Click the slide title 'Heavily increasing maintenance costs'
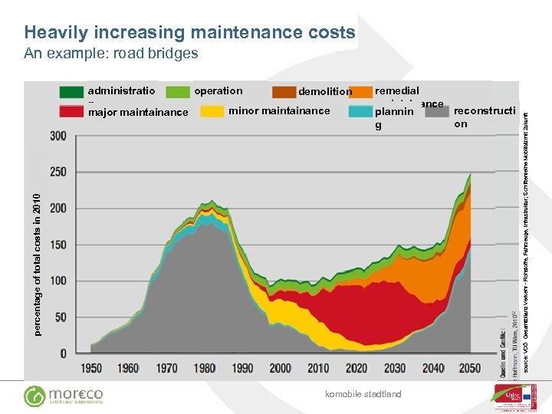pyautogui.click(x=189, y=32)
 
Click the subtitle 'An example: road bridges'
pyautogui.click(x=111, y=54)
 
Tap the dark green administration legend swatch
pyautogui.click(x=72, y=92)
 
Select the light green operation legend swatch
pyautogui.click(x=178, y=92)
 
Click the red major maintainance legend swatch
pyautogui.click(x=72, y=112)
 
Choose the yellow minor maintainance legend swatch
pyautogui.click(x=212, y=111)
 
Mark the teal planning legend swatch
pyautogui.click(x=360, y=112)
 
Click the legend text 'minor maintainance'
pyautogui.click(x=279, y=111)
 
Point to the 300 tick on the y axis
pyautogui.click(x=58, y=136)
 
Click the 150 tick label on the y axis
pyautogui.click(x=58, y=245)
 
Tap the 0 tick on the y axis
pyautogui.click(x=64, y=353)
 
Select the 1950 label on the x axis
pyautogui.click(x=90, y=369)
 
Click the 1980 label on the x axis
pyautogui.click(x=205, y=369)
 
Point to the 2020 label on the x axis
pyautogui.click(x=356, y=369)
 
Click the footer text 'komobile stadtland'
pyautogui.click(x=363, y=395)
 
